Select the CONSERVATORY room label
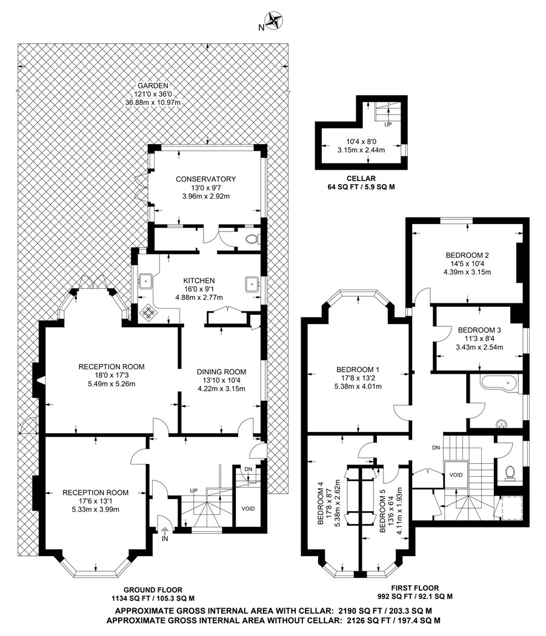pyautogui.click(x=205, y=179)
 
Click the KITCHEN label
pyautogui.click(x=199, y=280)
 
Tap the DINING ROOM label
pyautogui.click(x=221, y=372)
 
